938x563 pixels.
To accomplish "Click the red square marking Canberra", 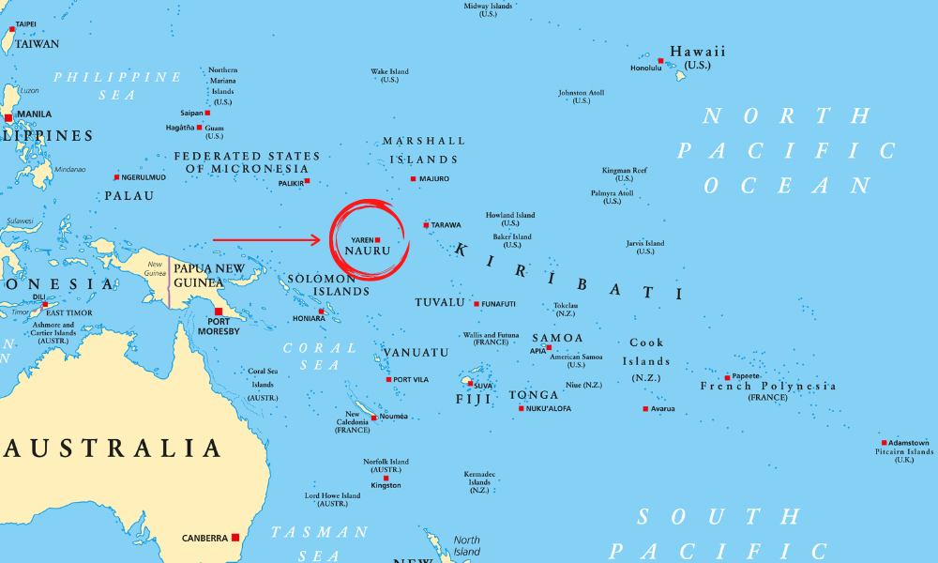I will coord(234,538).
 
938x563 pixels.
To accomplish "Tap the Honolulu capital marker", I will coord(660,61).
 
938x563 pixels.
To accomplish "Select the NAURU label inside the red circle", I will coord(367,251).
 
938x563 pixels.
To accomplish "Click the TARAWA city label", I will coord(446,225).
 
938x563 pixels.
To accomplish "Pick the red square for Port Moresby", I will coord(219,312).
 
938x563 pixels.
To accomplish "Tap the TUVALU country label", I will coord(440,302).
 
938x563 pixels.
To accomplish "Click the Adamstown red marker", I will coord(884,443).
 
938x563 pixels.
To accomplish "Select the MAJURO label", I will coord(434,178).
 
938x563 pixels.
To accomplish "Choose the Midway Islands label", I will coord(488,7).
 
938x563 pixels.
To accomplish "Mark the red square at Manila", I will coord(8,117).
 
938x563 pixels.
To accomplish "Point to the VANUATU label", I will coord(416,352).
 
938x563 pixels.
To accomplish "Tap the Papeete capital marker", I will coord(727,377).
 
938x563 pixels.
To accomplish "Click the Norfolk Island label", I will coord(386,462).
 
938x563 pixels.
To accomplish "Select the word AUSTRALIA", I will coord(113,448).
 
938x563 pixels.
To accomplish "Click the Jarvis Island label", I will coord(645,243).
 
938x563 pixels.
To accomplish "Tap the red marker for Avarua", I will coord(645,408).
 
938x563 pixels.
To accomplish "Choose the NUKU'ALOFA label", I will coord(549,408).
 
